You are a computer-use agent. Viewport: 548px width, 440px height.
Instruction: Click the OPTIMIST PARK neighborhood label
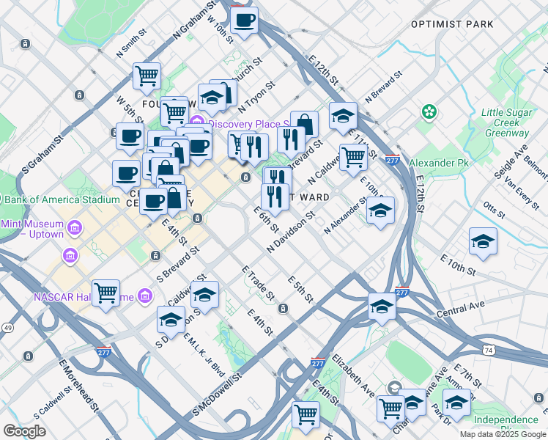[x=452, y=24]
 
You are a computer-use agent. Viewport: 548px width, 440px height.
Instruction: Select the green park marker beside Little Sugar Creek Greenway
[x=429, y=112]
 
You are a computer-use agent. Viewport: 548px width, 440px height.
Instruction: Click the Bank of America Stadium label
[x=60, y=199]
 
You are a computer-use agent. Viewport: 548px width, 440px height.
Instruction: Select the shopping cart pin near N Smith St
[x=147, y=76]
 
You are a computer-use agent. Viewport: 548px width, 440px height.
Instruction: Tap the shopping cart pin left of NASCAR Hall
[x=105, y=293]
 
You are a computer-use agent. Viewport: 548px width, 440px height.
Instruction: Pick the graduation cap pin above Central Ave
[x=382, y=307]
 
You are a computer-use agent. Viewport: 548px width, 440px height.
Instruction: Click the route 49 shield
[x=8, y=327]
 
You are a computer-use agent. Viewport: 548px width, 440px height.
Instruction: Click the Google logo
[x=24, y=430]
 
